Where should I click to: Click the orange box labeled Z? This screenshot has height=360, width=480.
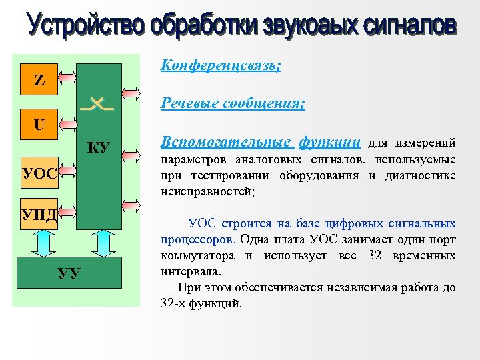point(39,81)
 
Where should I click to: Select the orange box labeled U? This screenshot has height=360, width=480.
point(39,124)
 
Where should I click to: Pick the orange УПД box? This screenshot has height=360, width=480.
point(39,213)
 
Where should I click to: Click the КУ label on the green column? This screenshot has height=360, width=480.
point(99,147)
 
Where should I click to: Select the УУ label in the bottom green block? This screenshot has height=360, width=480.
point(69,273)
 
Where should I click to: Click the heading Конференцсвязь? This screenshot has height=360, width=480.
point(221,67)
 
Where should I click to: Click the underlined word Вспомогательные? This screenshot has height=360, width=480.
point(226,142)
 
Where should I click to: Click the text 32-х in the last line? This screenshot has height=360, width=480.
point(173,303)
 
